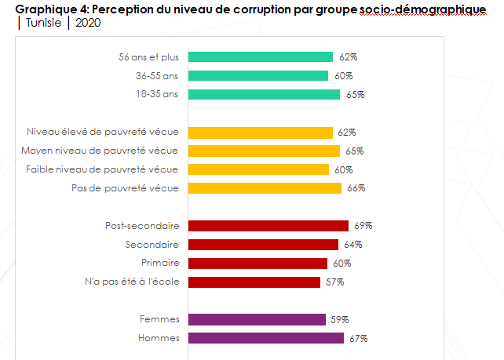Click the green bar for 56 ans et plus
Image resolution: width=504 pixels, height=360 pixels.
(x=261, y=57)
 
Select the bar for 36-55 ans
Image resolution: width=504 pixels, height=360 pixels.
(x=258, y=76)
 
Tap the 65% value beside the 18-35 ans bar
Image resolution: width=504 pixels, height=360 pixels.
(x=356, y=95)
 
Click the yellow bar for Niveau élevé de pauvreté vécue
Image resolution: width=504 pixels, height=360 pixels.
(x=261, y=133)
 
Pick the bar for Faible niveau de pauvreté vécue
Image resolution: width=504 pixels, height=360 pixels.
(x=258, y=169)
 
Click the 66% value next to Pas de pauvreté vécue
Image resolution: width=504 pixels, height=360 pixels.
(x=356, y=188)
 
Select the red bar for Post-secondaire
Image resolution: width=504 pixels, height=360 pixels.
(x=268, y=226)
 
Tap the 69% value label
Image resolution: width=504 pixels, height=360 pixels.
(x=363, y=226)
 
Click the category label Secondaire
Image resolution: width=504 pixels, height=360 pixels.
(x=152, y=245)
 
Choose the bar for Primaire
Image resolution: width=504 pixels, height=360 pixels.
(x=257, y=264)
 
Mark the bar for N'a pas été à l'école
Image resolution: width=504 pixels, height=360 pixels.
(x=254, y=282)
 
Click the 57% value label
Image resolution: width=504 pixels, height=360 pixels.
(x=334, y=282)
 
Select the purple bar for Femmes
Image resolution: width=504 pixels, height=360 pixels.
(x=257, y=319)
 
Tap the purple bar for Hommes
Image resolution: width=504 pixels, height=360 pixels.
(x=266, y=338)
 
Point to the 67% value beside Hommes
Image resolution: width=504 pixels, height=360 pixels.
(x=359, y=338)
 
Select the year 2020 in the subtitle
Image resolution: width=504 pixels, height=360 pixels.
(x=88, y=22)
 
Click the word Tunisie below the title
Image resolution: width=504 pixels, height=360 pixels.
(x=46, y=22)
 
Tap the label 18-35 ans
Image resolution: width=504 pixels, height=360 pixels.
(x=157, y=95)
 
